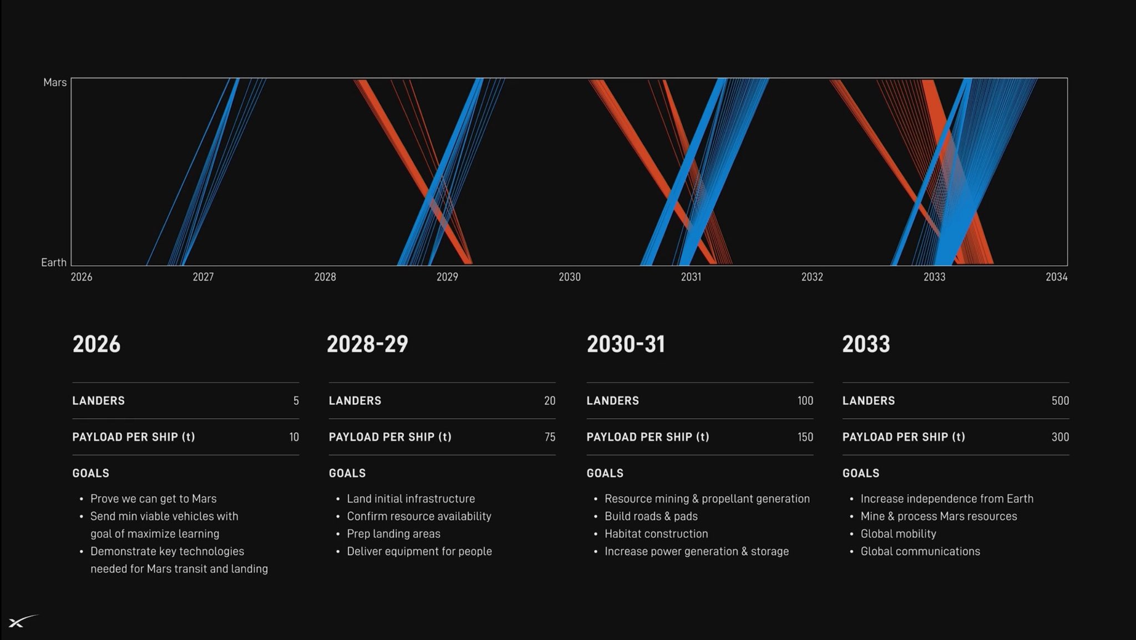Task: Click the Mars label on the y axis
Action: (x=55, y=83)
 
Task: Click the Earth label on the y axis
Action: (x=54, y=262)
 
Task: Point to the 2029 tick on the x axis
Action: (x=447, y=277)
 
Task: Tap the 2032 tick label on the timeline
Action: (x=812, y=277)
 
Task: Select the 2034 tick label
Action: (x=1056, y=277)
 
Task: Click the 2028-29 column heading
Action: (x=367, y=344)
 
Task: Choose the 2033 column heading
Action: (x=866, y=344)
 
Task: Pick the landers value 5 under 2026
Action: (x=296, y=400)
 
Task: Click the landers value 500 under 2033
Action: (x=1060, y=400)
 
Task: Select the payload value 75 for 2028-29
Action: (x=550, y=437)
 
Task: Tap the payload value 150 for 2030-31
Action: (x=805, y=437)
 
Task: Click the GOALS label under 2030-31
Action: (x=605, y=473)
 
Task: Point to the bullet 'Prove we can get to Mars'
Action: (x=154, y=499)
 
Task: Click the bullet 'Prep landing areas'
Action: (x=394, y=534)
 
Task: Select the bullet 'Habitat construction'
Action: (x=656, y=534)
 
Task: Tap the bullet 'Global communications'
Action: (x=920, y=551)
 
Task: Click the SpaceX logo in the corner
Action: (x=23, y=622)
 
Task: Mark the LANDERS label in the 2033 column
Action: (x=869, y=400)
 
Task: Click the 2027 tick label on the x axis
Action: (x=203, y=277)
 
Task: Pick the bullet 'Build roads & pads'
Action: (x=651, y=516)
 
